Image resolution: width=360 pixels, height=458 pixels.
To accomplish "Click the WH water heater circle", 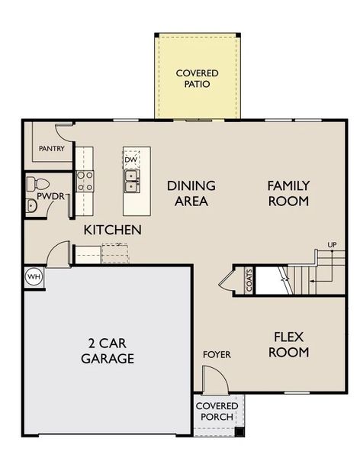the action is (x=34, y=277).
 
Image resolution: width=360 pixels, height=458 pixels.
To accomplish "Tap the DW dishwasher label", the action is (x=130, y=160).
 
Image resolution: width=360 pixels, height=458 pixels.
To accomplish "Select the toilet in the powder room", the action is (x=38, y=184).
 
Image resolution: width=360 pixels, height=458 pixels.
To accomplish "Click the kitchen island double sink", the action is (x=132, y=182).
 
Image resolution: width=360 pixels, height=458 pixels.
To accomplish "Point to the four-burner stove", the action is (x=85, y=181).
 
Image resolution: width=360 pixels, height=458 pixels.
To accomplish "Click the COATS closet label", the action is (x=249, y=280).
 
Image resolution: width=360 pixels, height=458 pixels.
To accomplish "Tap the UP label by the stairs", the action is (x=332, y=244).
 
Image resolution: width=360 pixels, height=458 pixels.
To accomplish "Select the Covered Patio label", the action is (x=197, y=79).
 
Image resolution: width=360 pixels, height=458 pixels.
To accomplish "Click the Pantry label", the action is (x=52, y=149).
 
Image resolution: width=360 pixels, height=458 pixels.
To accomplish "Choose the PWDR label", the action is (x=51, y=197).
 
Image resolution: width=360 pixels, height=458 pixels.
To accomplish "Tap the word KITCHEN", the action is (x=113, y=231).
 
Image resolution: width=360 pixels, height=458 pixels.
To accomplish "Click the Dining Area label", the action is (x=191, y=193).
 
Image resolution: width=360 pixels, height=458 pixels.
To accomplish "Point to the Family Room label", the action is (x=288, y=193).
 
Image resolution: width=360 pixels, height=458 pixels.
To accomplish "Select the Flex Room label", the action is (x=289, y=345).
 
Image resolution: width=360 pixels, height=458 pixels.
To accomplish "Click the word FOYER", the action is (x=217, y=355).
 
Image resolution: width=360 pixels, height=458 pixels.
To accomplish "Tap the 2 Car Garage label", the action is (x=108, y=351).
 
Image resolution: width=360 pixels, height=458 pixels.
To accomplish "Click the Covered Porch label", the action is (x=217, y=411).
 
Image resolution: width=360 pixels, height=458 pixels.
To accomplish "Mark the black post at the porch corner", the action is (x=239, y=432).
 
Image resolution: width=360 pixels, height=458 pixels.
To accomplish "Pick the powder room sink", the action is (x=31, y=205).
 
